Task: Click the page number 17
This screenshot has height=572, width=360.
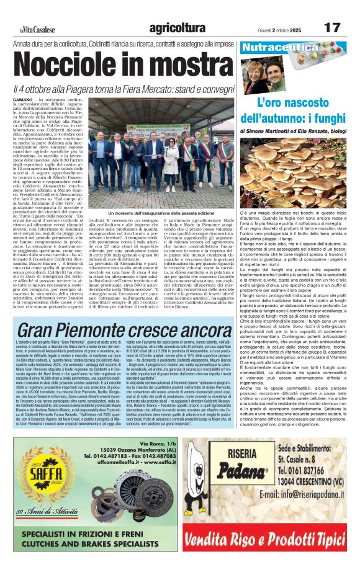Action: click(x=333, y=27)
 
